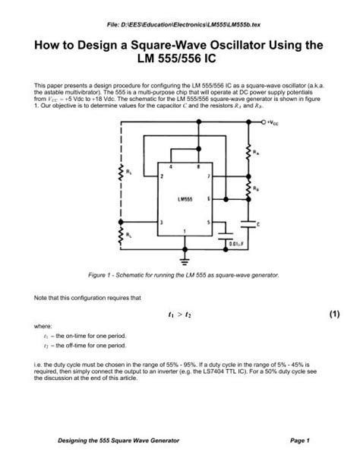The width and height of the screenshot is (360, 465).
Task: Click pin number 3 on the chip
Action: coord(160,222)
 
